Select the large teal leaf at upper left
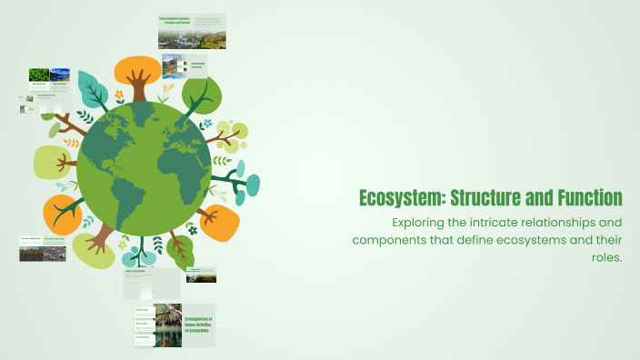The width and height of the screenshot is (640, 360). [93, 89]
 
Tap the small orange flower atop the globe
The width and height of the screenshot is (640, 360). [119, 95]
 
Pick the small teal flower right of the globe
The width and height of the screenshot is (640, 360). [206, 124]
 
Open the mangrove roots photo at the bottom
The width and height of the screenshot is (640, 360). [167, 325]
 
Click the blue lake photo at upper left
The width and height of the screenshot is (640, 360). [60, 75]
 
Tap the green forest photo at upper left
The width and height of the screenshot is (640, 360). [39, 75]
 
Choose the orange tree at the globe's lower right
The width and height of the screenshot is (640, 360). [218, 221]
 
